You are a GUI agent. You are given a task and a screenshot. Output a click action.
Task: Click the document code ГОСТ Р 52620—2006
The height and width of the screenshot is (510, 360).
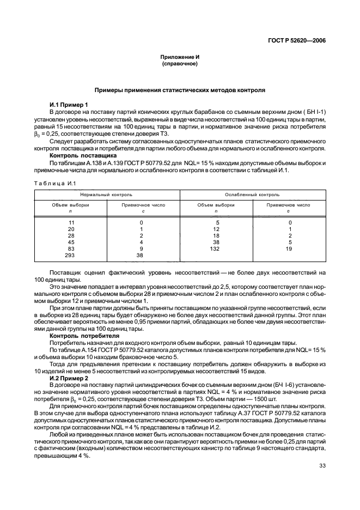point(301,40)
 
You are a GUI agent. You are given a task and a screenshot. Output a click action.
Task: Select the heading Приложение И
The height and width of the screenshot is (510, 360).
point(180,57)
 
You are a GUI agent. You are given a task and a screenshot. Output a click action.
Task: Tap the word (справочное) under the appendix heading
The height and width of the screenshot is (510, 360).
point(180,64)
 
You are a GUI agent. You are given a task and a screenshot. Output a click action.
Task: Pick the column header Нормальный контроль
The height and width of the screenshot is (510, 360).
point(106,194)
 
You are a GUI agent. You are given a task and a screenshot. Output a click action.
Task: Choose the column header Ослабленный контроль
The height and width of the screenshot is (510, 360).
point(252,194)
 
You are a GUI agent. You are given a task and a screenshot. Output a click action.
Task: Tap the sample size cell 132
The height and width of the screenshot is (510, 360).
point(216,248)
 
